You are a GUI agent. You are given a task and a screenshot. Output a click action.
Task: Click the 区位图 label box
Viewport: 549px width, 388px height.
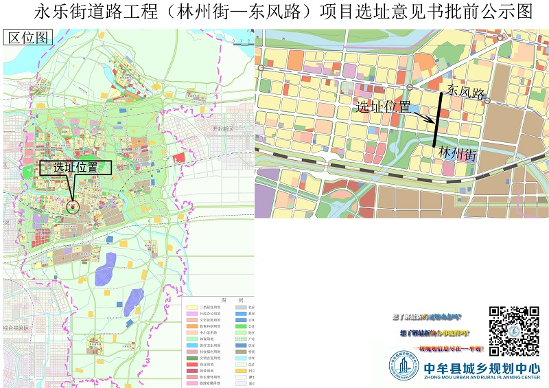[28, 38]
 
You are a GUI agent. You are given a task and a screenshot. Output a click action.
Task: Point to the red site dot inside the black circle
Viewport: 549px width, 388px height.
[73, 205]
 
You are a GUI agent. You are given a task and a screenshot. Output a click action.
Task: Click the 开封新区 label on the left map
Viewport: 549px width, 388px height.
[223, 128]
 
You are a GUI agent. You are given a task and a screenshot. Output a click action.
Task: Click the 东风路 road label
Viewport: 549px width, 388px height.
[466, 91]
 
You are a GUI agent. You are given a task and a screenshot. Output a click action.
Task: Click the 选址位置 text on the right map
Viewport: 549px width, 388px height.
[384, 107]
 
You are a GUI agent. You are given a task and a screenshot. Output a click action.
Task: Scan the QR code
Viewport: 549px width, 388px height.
[514, 331]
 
